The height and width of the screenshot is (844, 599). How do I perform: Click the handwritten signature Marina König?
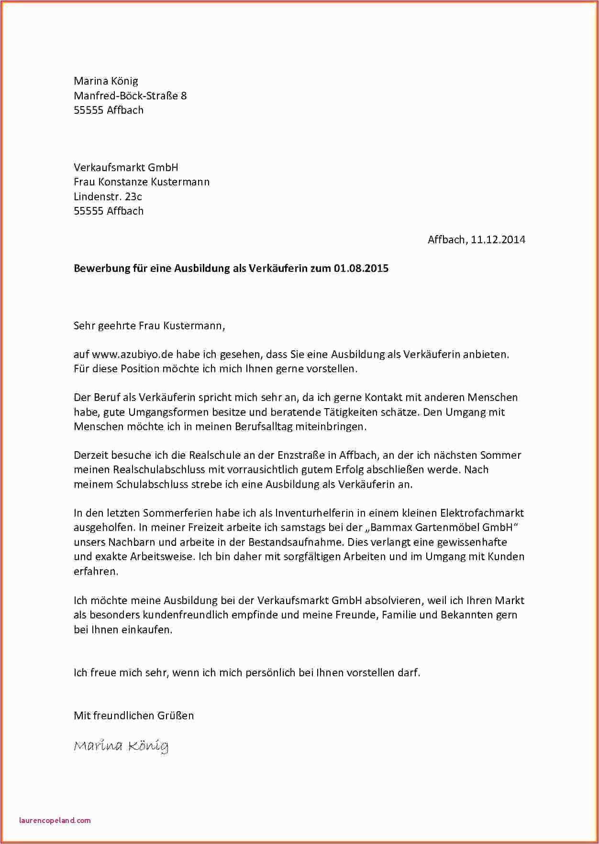coord(121,745)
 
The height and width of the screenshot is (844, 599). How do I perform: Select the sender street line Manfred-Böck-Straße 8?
coord(130,96)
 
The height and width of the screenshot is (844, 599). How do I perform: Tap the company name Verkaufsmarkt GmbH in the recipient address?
coord(126,167)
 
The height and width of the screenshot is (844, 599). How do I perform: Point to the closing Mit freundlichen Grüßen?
coord(133,715)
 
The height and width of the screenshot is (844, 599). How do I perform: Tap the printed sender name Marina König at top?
coord(106,81)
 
